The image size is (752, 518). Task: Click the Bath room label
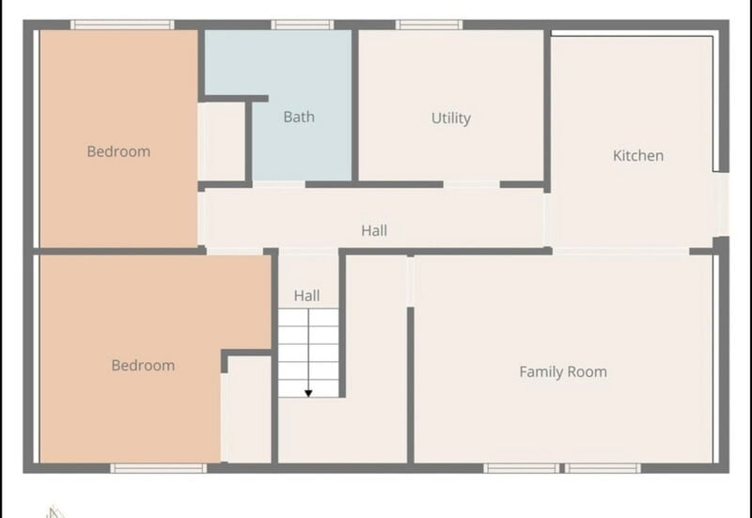coord(299,117)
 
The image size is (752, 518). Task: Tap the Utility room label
coord(451,118)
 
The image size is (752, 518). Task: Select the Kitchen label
coord(638,155)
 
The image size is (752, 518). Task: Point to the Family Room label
coord(563,371)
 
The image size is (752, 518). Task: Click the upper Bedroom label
coord(118,151)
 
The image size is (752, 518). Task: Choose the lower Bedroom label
coord(143,366)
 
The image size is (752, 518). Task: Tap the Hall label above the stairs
coord(307,295)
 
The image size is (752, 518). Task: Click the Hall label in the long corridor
coord(374,230)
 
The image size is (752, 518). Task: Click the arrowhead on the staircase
coord(308,394)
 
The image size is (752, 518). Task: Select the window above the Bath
coord(302,24)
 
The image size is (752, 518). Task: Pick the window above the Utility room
coord(429,24)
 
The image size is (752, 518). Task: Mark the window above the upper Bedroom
coord(122,24)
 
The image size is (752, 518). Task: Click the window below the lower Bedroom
coord(158,468)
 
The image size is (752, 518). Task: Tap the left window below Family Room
coord(522,468)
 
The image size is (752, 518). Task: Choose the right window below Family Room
coord(603,468)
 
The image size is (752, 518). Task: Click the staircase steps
coord(308,353)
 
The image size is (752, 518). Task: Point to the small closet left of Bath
coord(222,142)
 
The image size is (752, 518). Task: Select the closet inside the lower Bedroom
coord(249,410)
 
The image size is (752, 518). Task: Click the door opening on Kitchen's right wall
coord(724,204)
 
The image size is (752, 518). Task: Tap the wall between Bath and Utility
coord(355,105)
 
